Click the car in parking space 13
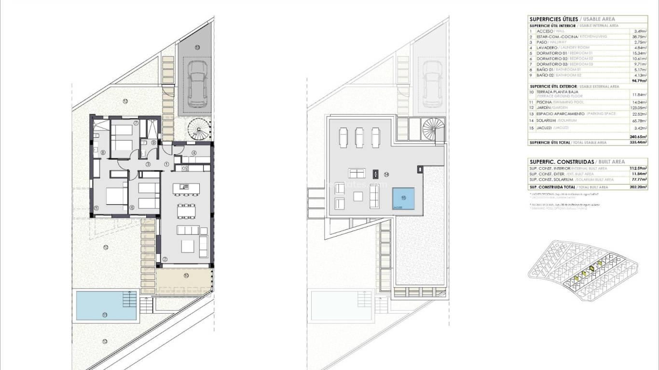[197, 84]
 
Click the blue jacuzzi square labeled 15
[403, 198]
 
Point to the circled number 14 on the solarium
[386, 174]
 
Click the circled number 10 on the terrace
[186, 276]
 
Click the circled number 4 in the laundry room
[194, 153]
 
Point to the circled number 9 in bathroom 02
[153, 143]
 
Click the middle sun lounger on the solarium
[359, 138]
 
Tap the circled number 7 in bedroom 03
[136, 123]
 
